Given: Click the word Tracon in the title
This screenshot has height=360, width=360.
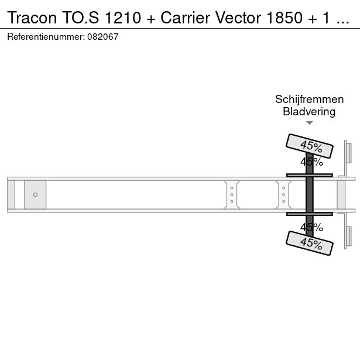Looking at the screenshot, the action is click(x=32, y=18).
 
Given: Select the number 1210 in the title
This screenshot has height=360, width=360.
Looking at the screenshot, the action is click(x=123, y=18).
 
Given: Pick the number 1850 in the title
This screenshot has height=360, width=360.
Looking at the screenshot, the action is click(x=284, y=18).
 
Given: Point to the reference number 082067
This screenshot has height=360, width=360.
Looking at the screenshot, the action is click(x=103, y=37).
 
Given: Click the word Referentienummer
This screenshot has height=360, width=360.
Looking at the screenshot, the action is click(x=46, y=37).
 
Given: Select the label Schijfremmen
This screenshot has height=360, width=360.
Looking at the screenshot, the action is click(x=309, y=100).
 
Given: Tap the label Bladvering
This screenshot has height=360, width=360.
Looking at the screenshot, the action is click(x=309, y=112).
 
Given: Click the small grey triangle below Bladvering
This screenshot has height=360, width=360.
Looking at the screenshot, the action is click(x=310, y=123).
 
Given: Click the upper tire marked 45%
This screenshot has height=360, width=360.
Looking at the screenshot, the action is click(x=310, y=146).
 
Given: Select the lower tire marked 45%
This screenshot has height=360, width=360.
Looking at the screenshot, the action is click(x=310, y=244).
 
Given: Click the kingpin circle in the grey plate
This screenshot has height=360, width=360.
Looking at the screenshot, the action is click(x=35, y=195).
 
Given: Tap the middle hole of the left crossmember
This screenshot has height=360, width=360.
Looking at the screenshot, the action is click(x=232, y=195).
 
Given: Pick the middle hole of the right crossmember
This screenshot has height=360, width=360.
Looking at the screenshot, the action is click(x=283, y=195).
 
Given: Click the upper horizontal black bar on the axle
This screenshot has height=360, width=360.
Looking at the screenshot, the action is click(x=310, y=176).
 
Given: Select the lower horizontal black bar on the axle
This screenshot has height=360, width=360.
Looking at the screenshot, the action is click(x=310, y=214).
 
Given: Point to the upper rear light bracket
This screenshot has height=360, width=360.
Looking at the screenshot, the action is click(x=348, y=159).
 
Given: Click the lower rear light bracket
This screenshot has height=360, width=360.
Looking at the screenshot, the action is click(x=348, y=231).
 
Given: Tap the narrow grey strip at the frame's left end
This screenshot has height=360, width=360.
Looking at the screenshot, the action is click(x=11, y=195).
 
